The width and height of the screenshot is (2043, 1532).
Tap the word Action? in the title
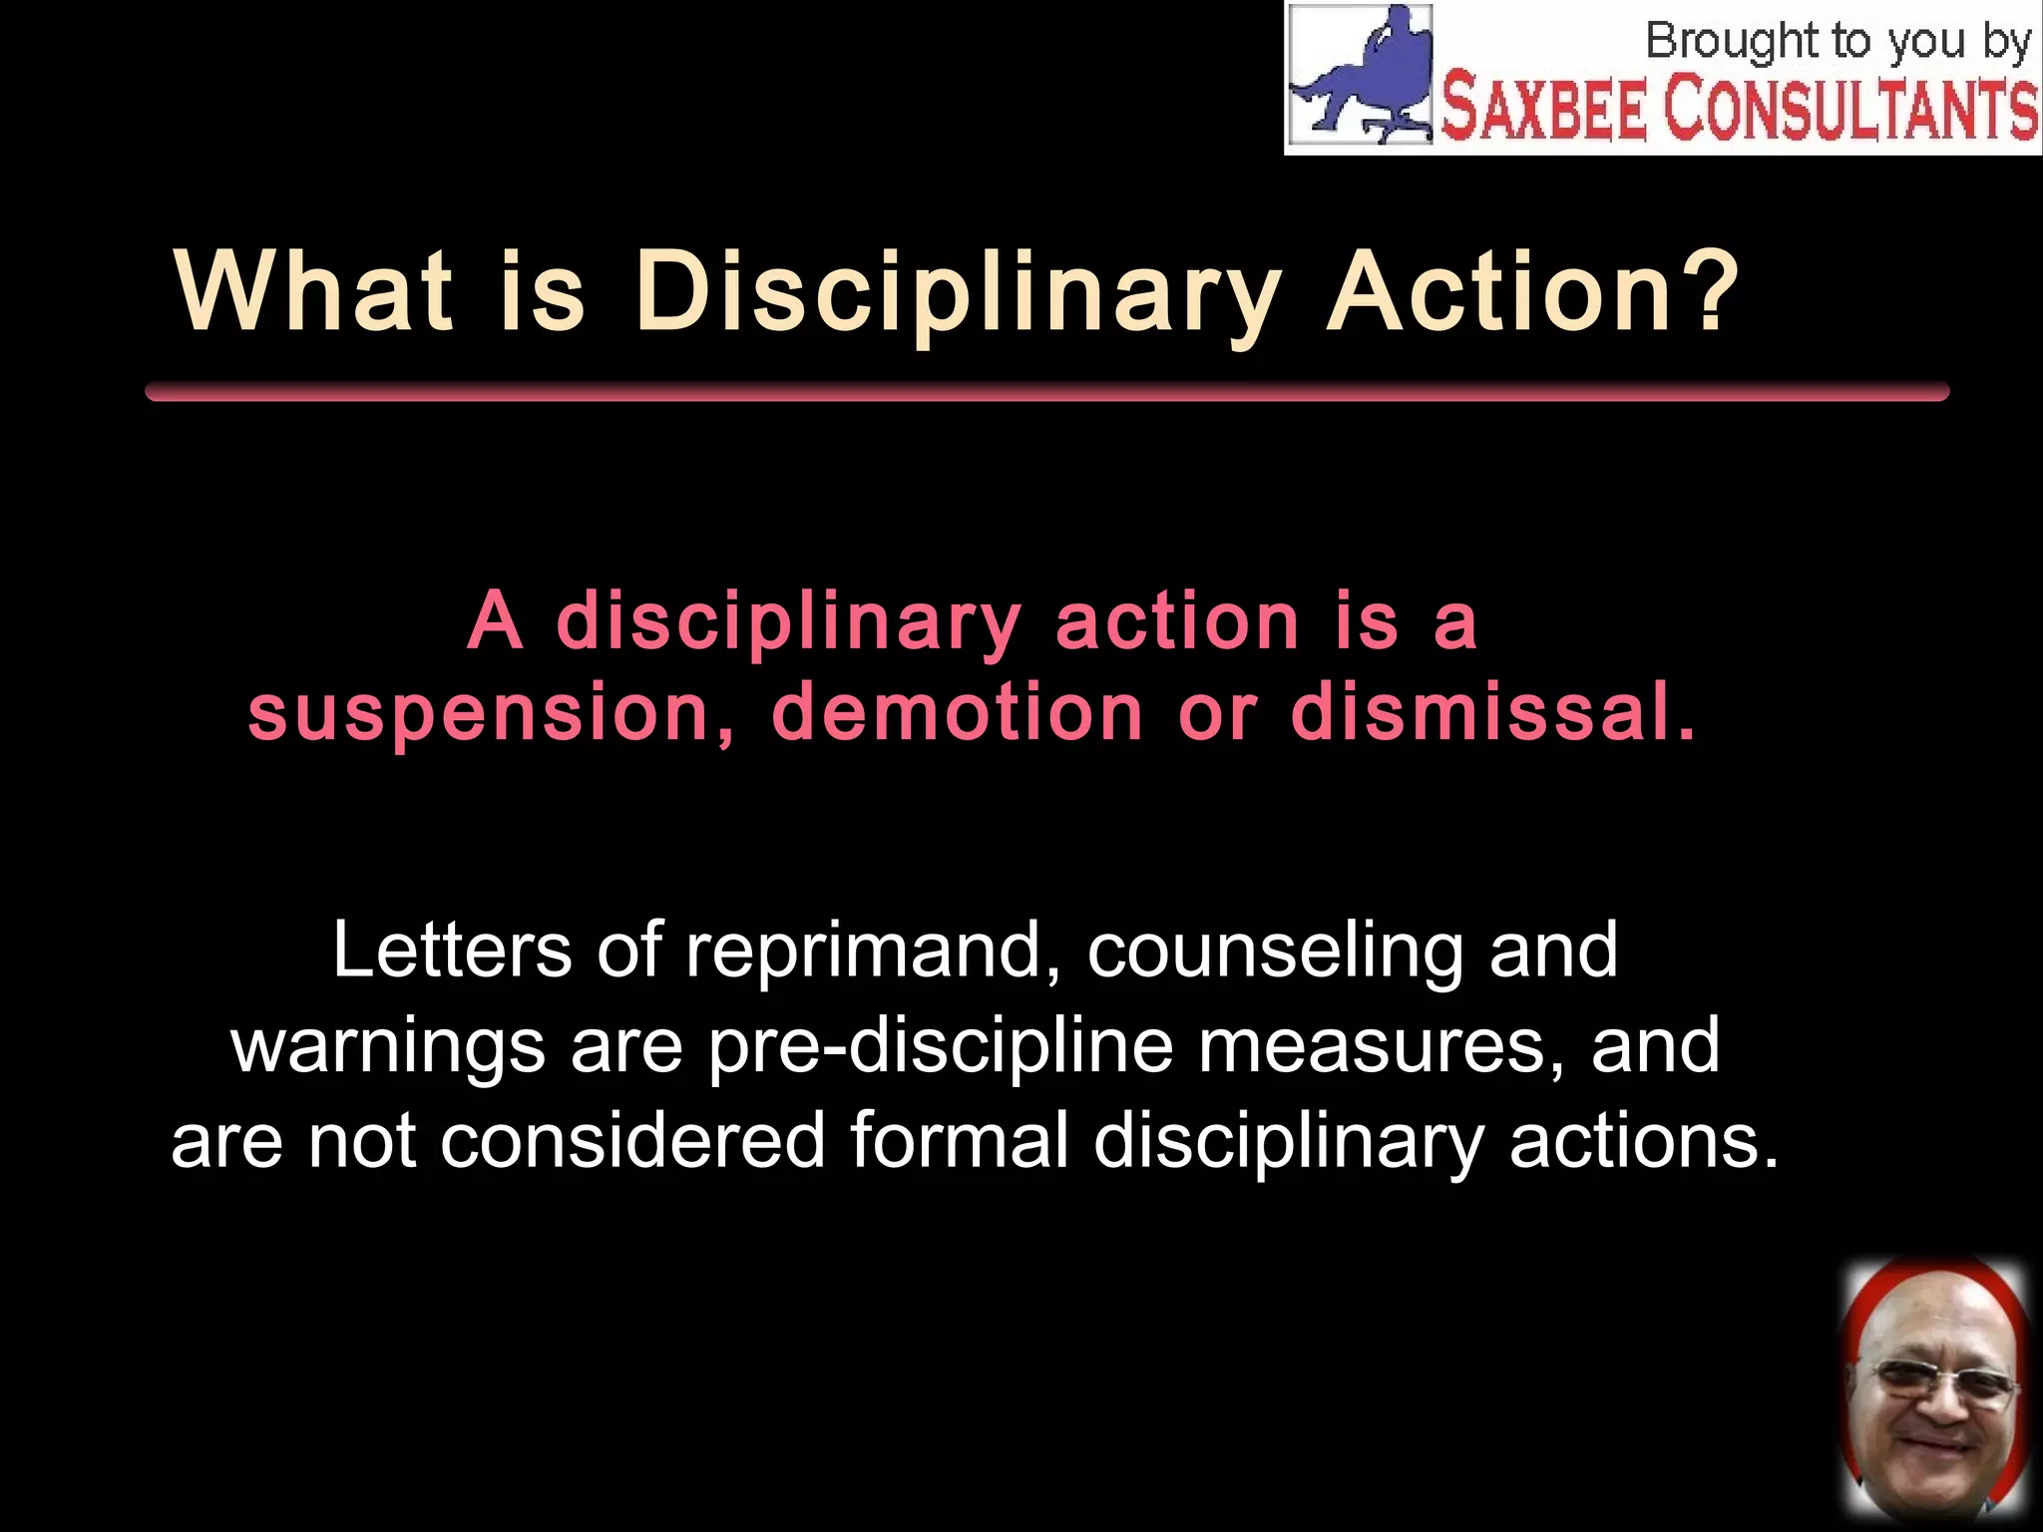(1533, 291)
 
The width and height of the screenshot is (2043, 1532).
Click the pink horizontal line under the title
(1046, 391)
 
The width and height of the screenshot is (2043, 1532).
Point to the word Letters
(452, 950)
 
